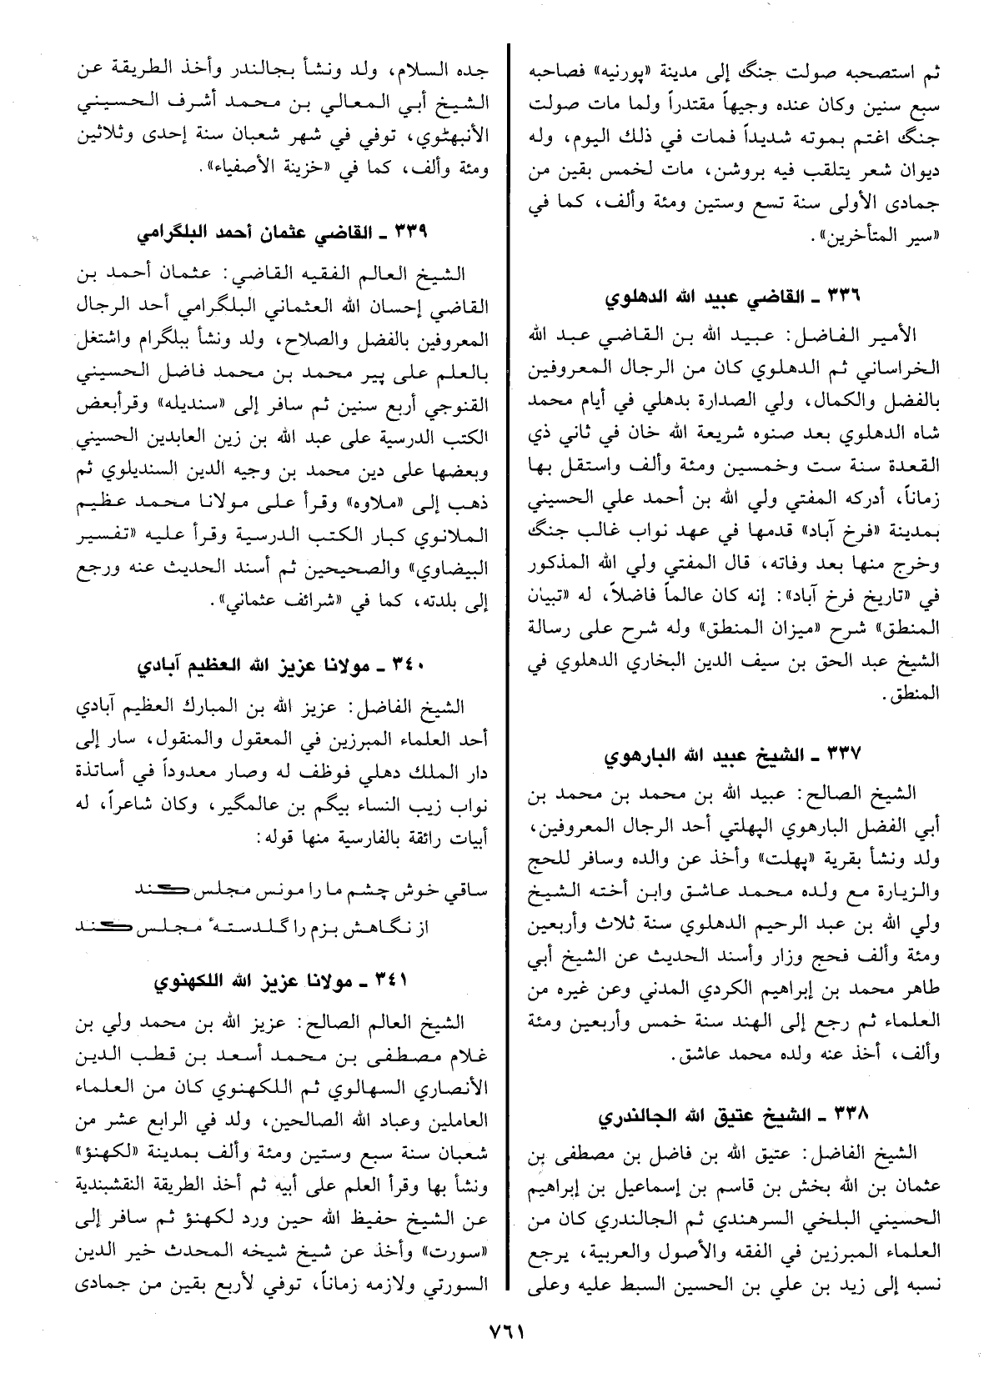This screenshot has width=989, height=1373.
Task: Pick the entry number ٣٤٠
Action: coord(411,667)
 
